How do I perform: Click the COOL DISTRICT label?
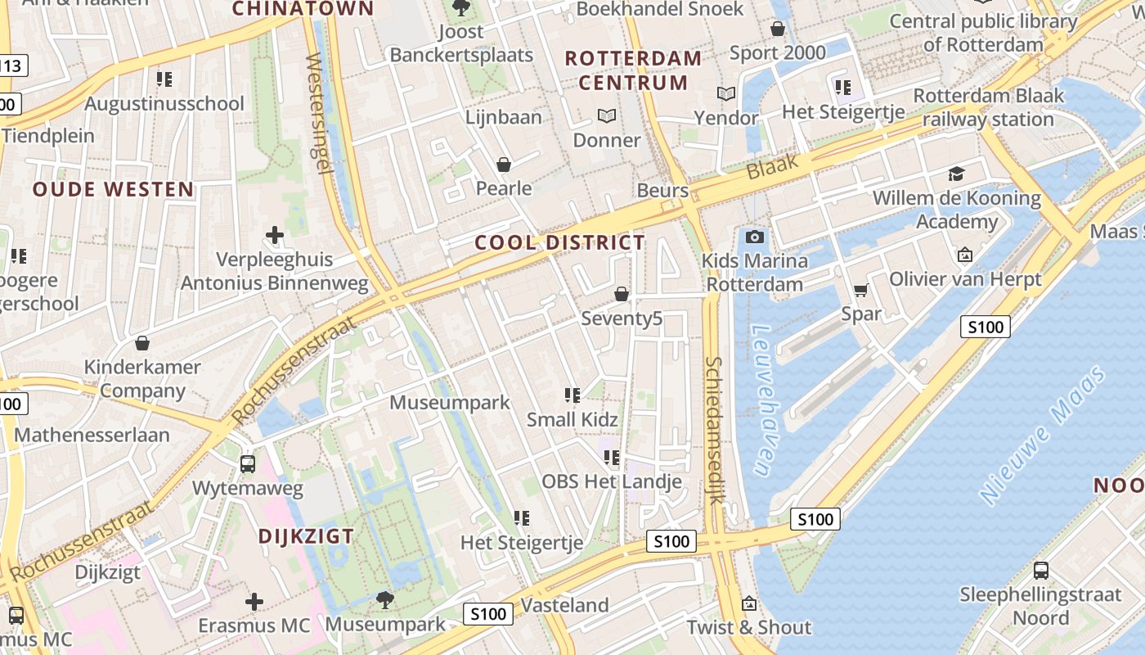pos(559,242)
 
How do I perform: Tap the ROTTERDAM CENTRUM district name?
pos(633,70)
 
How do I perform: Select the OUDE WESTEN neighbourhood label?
pos(114,189)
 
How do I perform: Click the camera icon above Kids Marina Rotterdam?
pos(755,237)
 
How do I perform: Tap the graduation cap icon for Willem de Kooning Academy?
pos(956,174)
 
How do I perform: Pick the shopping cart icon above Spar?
pos(860,290)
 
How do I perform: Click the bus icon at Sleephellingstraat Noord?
pos(1040,571)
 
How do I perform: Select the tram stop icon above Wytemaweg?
pos(248,464)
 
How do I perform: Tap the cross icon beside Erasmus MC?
pos(254,602)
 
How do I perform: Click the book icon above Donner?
pos(606,116)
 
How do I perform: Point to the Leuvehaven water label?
pos(762,400)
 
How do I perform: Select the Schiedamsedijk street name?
pos(715,430)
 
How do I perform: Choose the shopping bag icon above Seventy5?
pos(622,294)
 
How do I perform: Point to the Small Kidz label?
pos(572,419)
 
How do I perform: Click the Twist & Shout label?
pos(748,627)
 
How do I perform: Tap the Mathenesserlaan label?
pos(92,435)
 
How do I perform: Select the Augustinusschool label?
pos(164,104)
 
